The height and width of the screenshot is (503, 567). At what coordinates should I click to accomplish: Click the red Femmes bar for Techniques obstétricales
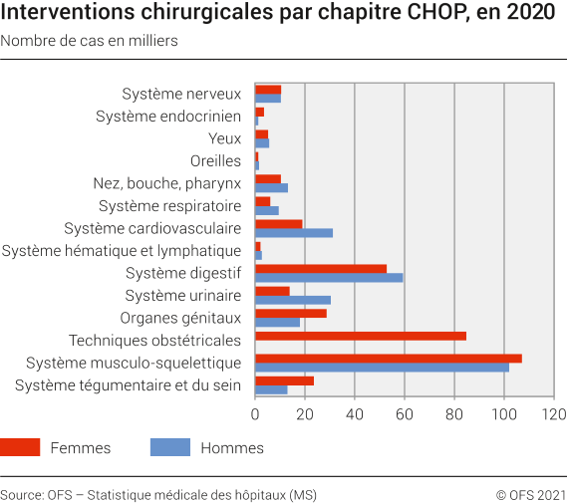[361, 336]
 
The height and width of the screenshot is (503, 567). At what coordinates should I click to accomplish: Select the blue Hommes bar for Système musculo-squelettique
[382, 367]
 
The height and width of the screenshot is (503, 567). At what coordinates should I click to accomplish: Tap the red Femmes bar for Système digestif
[321, 268]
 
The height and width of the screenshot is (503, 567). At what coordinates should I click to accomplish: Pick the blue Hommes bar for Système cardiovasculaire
[294, 232]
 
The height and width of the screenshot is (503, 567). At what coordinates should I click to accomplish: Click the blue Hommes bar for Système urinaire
[293, 300]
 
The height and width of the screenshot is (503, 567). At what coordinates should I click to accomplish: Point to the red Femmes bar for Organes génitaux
[291, 313]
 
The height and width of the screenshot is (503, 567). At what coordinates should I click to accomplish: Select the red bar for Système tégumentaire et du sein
[285, 380]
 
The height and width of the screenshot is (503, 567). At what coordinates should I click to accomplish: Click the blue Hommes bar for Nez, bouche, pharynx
[271, 187]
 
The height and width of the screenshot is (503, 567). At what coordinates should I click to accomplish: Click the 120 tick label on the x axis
[554, 413]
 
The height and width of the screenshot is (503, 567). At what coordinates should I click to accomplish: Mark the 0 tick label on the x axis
[256, 413]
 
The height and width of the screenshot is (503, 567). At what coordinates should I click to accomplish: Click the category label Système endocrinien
[168, 117]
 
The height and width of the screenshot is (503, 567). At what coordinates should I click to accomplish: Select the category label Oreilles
[215, 160]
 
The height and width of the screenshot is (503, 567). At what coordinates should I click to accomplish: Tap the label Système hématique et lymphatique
[122, 250]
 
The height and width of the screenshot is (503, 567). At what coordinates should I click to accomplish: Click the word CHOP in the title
[401, 14]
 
